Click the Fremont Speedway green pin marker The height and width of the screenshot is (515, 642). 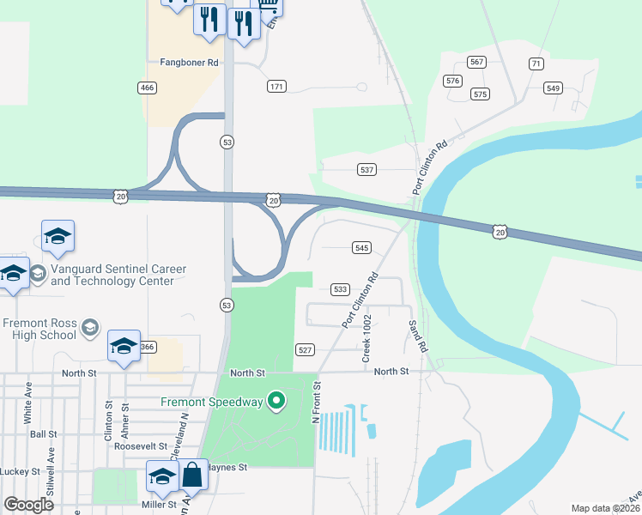pyautogui.click(x=276, y=400)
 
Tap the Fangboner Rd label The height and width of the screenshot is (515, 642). pyautogui.click(x=190, y=63)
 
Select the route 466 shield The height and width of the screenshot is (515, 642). pyautogui.click(x=146, y=88)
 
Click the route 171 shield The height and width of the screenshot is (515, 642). pyautogui.click(x=276, y=87)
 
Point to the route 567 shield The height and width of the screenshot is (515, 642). pyautogui.click(x=477, y=62)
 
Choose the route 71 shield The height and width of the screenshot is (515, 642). pyautogui.click(x=536, y=64)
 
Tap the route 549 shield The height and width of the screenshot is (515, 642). pyautogui.click(x=553, y=88)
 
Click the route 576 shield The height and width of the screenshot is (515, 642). pyautogui.click(x=452, y=81)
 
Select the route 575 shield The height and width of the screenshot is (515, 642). pyautogui.click(x=480, y=94)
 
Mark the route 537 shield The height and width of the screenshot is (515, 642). pyautogui.click(x=367, y=170)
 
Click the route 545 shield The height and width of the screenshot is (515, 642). pyautogui.click(x=361, y=247)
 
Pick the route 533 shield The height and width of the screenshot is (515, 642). pyautogui.click(x=341, y=290)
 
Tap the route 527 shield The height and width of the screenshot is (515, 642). pyautogui.click(x=306, y=350)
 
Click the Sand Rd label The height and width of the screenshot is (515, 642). pyautogui.click(x=418, y=336)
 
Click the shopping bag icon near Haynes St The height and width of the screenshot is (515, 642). pyautogui.click(x=192, y=474)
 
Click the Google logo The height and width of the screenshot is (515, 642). pyautogui.click(x=29, y=505)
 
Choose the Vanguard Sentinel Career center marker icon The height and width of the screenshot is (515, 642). pyautogui.click(x=37, y=274)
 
